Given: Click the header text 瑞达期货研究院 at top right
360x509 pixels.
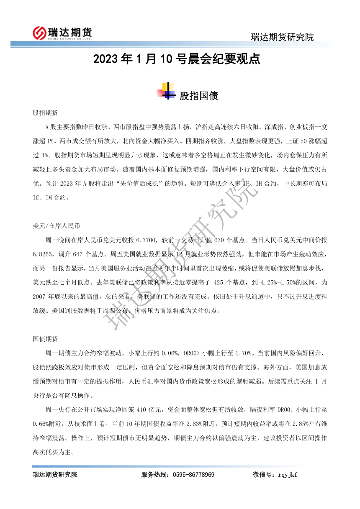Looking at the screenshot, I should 282,37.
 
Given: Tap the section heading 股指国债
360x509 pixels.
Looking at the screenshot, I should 198,96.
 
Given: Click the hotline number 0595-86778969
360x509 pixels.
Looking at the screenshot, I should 192,475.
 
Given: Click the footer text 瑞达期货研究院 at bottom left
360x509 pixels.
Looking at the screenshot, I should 55,475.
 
